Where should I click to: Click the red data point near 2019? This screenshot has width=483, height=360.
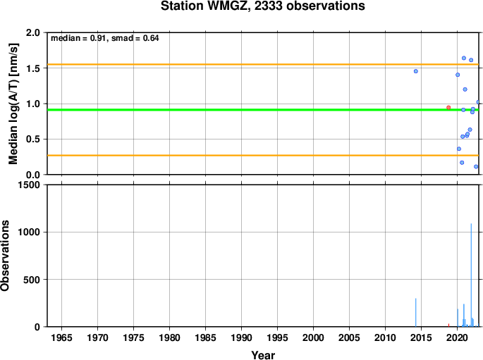coord(448,107)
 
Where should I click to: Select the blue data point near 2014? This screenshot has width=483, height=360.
coord(416,71)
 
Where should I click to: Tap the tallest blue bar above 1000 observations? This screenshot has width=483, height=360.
coord(471,275)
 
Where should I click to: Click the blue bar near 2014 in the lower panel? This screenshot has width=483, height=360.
coord(415,312)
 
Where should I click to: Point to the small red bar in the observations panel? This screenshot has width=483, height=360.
coord(448,325)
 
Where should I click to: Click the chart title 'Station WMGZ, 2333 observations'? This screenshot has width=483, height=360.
coord(263,6)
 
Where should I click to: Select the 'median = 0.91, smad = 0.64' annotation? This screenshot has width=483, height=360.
coord(105,38)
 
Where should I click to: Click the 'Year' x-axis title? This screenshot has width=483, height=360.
coord(263,355)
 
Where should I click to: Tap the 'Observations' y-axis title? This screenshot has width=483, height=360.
coord(5,256)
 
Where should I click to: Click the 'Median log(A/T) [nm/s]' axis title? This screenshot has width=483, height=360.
coord(13,104)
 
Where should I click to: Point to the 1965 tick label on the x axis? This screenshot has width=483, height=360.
coord(61,337)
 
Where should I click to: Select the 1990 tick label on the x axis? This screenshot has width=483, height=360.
coord(241,337)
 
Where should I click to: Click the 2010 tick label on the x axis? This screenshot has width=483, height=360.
coord(386,337)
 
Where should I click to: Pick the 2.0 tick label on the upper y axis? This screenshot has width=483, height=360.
coord(33,32)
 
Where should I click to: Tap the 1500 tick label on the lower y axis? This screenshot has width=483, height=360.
coord(29,185)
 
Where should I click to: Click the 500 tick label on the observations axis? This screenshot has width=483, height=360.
coord(32,280)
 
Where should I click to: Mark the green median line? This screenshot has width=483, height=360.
coord(263,110)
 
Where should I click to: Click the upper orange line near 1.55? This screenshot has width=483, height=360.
coord(263,64)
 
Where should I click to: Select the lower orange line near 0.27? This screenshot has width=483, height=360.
coord(263,156)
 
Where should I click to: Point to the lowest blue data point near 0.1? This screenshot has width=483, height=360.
coord(476,166)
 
